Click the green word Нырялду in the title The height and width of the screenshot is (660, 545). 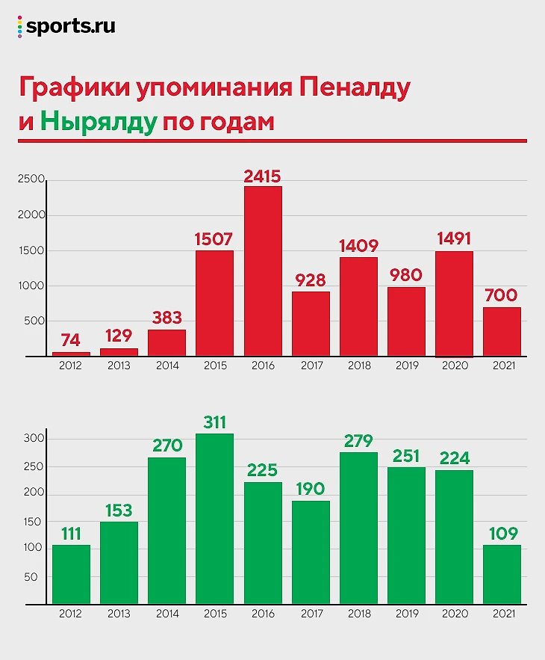[x=98, y=121]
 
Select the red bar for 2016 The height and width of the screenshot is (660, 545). [x=263, y=271]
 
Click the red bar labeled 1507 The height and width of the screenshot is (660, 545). [x=215, y=303]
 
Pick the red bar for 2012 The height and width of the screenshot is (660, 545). [x=71, y=354]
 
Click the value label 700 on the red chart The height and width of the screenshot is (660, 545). [x=502, y=295]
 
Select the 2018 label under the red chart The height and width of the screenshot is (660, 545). [x=358, y=366]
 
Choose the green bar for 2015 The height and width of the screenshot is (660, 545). [x=215, y=519]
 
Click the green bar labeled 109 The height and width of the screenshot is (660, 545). [x=502, y=574]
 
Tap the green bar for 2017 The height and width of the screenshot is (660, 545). [x=311, y=552]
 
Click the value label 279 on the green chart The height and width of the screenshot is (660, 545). [x=358, y=440]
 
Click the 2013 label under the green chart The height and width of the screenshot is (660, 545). [x=119, y=614]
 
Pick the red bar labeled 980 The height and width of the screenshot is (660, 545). [x=406, y=322]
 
